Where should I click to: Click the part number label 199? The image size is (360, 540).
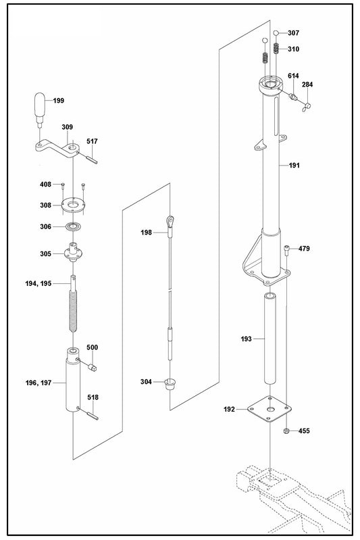(x=59, y=101)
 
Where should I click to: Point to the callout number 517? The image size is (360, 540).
(x=93, y=141)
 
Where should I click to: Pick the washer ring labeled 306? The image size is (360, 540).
(x=73, y=226)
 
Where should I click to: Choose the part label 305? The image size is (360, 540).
(x=45, y=254)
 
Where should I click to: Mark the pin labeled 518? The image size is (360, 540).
(x=92, y=414)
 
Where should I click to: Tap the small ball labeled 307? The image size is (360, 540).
(x=276, y=32)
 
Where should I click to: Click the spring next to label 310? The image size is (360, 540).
(x=276, y=49)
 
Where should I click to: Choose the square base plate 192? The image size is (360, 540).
(x=270, y=410)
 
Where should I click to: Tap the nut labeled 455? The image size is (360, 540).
(x=286, y=431)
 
